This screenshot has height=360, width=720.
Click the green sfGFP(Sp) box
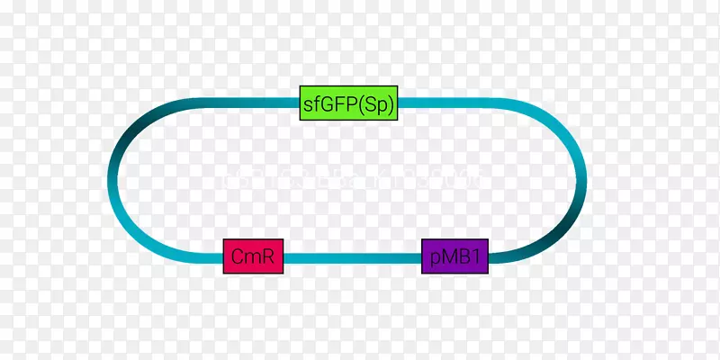pyautogui.click(x=349, y=104)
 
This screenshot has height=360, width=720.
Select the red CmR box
pyautogui.click(x=254, y=257)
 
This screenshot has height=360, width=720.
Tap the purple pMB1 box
pyautogui.click(x=455, y=257)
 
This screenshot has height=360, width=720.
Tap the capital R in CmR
pyautogui.click(x=269, y=257)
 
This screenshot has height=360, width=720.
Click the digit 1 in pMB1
pyautogui.click(x=480, y=257)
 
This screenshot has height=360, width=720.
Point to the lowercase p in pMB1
pyautogui.click(x=433, y=259)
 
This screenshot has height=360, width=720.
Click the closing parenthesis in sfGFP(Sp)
pyautogui.click(x=391, y=104)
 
